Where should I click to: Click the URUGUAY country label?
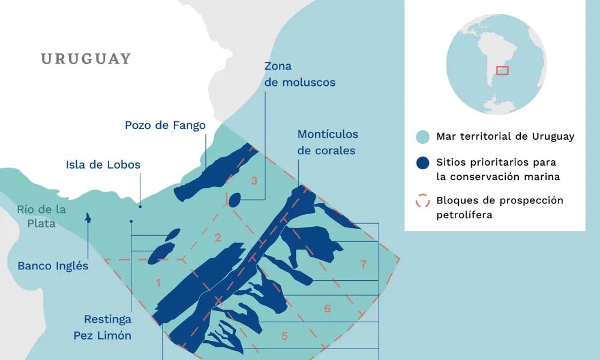point(86,59)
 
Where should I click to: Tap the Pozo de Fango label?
point(165,125)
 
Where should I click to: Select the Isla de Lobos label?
point(103,165)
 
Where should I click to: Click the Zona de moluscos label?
point(299,74)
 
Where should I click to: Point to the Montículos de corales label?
point(327,142)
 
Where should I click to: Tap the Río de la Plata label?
point(41,217)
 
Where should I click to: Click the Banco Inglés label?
point(53,266)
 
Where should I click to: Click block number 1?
point(158,283)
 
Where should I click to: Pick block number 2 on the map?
point(218,238)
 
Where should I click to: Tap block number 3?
point(254,181)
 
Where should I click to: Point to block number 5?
point(285,335)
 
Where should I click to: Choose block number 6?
point(328,308)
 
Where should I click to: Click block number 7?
point(364,264)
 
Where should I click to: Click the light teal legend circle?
point(422,137)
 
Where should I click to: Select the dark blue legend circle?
point(422,163)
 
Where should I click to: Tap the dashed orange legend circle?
point(422,200)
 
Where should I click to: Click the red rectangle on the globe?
point(502,71)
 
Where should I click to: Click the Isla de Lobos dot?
point(140,206)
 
